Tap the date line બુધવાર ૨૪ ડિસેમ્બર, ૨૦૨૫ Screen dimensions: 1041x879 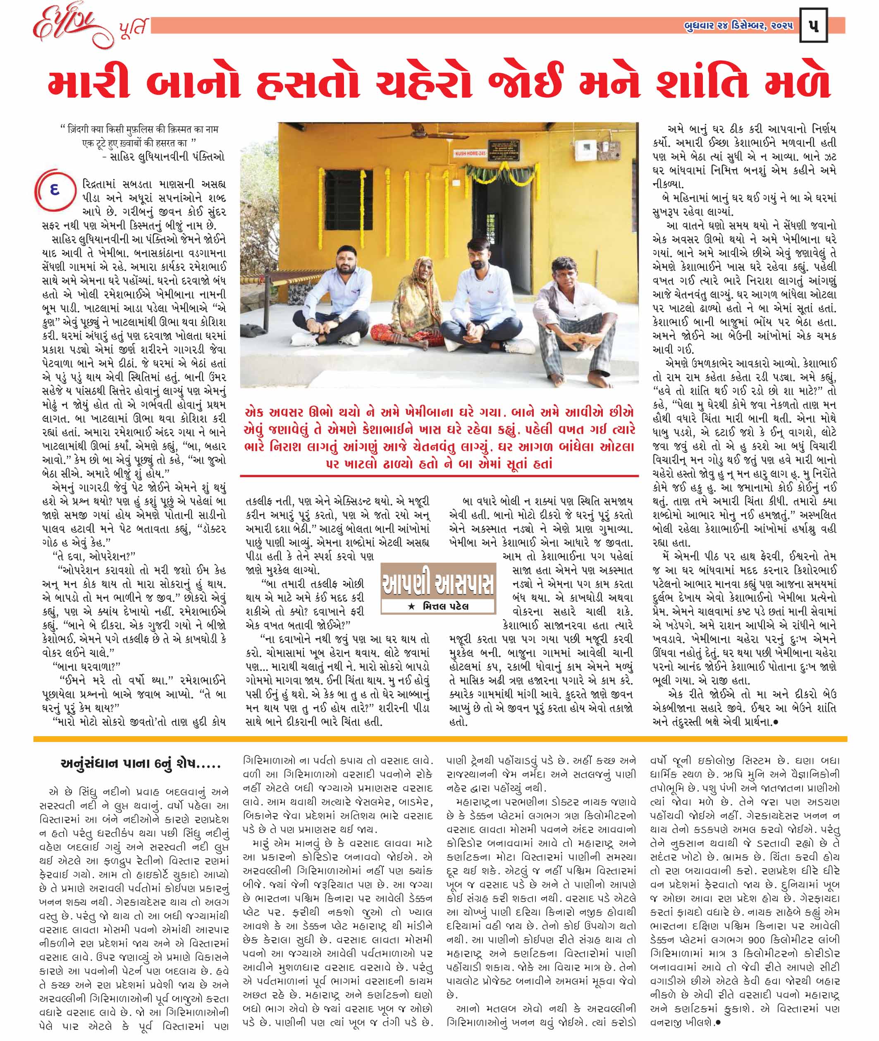pos(738,26)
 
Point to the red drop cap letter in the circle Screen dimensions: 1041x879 pos(55,190)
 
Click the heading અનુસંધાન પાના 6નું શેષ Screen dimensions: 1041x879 pos(140,764)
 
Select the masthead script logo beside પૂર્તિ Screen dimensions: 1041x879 pos(75,27)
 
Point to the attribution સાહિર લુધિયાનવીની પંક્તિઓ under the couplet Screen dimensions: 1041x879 pos(167,156)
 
